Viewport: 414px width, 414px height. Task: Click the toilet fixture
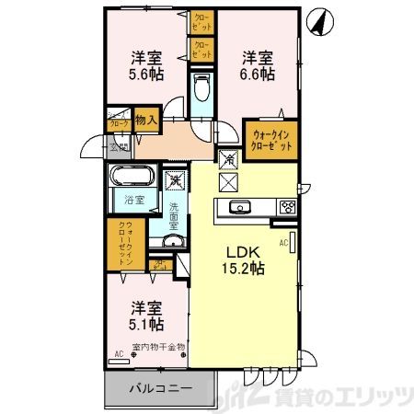[x=202, y=91]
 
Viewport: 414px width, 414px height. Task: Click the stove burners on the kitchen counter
[x=285, y=206]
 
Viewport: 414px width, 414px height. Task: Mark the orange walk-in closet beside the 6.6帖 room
[x=271, y=140]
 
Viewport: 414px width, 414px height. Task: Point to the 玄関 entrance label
[x=119, y=147]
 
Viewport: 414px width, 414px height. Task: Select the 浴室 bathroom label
[x=134, y=198]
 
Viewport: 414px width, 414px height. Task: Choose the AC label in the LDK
[x=283, y=242]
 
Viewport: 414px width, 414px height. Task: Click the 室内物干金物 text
[x=157, y=348]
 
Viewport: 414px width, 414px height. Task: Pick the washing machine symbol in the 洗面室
[x=173, y=180]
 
